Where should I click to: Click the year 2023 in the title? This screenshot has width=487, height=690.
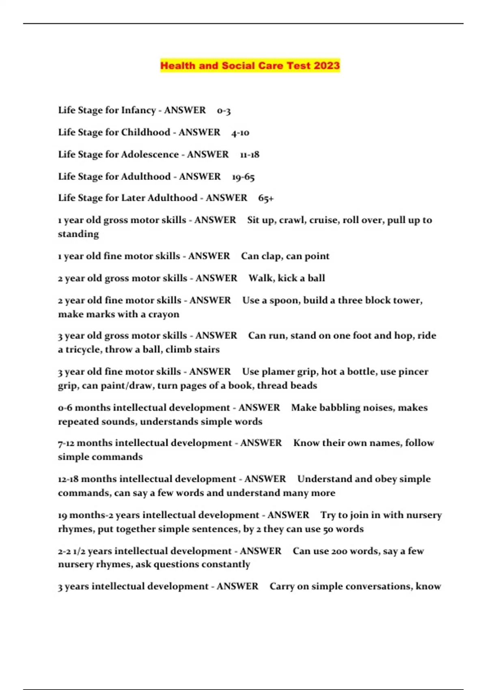click(x=326, y=66)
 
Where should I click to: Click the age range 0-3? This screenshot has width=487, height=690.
click(x=224, y=110)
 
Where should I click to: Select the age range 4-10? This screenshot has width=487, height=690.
click(x=240, y=133)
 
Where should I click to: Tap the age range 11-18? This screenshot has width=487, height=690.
click(x=250, y=155)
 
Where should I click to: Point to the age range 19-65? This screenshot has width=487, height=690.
click(x=243, y=177)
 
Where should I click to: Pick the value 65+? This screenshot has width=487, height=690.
click(x=266, y=198)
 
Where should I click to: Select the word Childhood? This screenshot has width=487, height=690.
click(x=146, y=132)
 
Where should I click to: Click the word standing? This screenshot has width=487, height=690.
click(x=78, y=234)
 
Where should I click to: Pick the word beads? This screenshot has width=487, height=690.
click(x=305, y=385)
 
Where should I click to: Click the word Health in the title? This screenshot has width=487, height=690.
click(x=178, y=66)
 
